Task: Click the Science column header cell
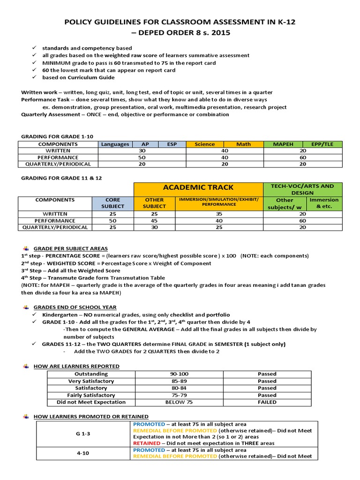click(205, 144)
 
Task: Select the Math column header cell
click(243, 144)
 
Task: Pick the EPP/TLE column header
click(322, 144)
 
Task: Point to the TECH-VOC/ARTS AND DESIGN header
click(303, 189)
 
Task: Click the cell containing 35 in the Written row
click(217, 214)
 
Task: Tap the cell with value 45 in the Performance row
click(154, 220)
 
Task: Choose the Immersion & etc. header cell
click(324, 203)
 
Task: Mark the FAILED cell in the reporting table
click(267, 402)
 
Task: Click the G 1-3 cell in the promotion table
click(82, 434)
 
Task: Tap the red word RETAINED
click(147, 443)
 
